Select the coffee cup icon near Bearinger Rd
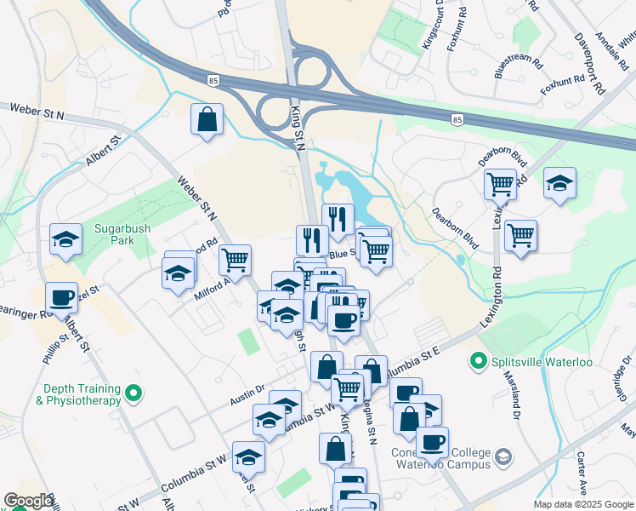click(x=61, y=298)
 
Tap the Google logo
click(x=27, y=501)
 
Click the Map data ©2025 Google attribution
click(x=583, y=504)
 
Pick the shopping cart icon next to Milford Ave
click(x=234, y=259)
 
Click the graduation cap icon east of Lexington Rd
click(x=559, y=183)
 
